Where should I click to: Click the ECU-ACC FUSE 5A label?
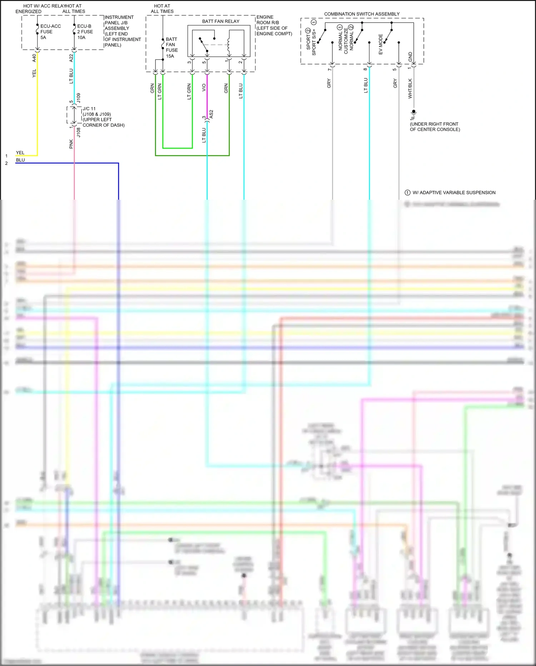[50, 32]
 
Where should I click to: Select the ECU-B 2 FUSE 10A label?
[85, 32]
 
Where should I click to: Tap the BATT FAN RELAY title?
[220, 21]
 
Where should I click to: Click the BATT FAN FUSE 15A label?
[172, 48]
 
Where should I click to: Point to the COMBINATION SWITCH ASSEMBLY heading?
[362, 14]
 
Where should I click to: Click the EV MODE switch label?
[381, 44]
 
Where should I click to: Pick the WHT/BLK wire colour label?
[410, 88]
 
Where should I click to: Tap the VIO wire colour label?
[204, 87]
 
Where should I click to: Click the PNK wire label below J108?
[71, 144]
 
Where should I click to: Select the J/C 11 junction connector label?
[89, 109]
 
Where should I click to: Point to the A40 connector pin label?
[34, 58]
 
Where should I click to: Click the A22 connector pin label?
[71, 58]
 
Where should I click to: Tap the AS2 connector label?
[211, 115]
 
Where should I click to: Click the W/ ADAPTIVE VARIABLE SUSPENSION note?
[453, 193]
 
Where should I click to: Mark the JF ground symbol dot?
[414, 112]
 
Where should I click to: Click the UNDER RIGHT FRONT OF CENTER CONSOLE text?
[435, 127]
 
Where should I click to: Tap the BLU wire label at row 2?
[20, 160]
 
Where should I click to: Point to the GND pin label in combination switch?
[410, 57]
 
